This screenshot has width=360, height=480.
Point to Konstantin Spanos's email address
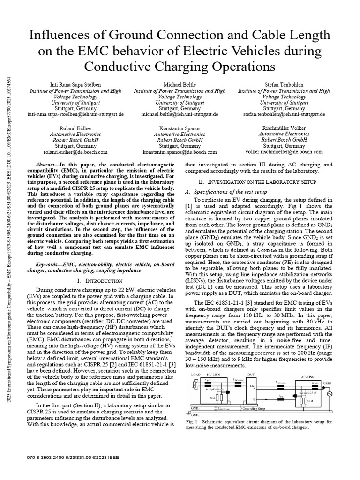point(180,152)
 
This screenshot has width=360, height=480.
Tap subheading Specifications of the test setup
point(226,192)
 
